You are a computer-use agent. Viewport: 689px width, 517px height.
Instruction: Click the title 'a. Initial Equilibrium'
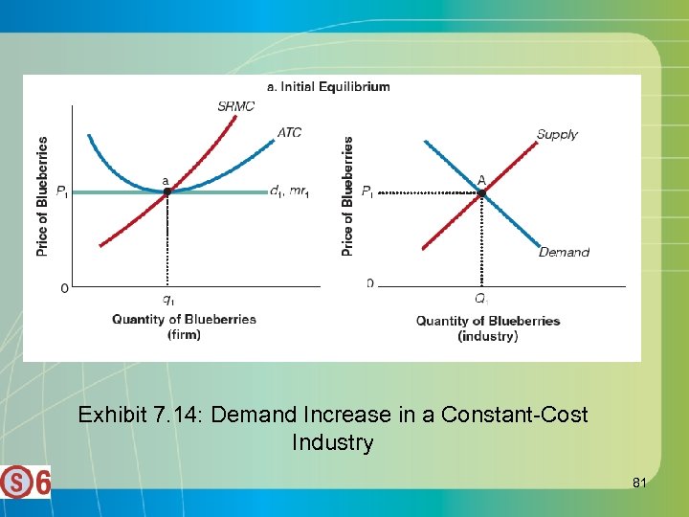(x=328, y=86)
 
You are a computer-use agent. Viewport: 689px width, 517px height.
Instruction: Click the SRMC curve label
(x=235, y=106)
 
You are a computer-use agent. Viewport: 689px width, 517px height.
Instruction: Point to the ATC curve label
(x=289, y=132)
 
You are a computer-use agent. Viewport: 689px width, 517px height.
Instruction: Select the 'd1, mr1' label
(x=289, y=192)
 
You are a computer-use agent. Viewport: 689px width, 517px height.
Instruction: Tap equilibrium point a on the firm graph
(x=167, y=192)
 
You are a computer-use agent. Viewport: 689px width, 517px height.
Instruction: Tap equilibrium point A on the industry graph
(x=481, y=192)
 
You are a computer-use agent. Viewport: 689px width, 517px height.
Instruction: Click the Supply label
(x=557, y=134)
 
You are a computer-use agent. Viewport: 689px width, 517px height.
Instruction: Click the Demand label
(x=564, y=253)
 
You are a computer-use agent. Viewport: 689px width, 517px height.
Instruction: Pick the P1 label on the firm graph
(x=61, y=193)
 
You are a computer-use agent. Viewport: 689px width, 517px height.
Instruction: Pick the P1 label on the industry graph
(x=367, y=192)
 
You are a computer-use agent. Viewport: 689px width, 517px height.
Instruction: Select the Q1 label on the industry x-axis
(x=481, y=299)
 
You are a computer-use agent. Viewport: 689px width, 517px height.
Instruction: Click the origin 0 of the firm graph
(x=64, y=287)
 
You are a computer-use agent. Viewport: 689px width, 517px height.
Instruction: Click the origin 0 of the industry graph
(x=369, y=283)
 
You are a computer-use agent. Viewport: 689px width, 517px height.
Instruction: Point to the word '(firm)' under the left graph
(x=184, y=334)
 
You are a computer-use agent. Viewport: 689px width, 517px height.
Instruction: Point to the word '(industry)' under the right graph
(x=488, y=336)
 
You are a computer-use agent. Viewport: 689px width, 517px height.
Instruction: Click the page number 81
(x=639, y=483)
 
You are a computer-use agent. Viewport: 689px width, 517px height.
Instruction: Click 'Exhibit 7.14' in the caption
(x=139, y=416)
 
